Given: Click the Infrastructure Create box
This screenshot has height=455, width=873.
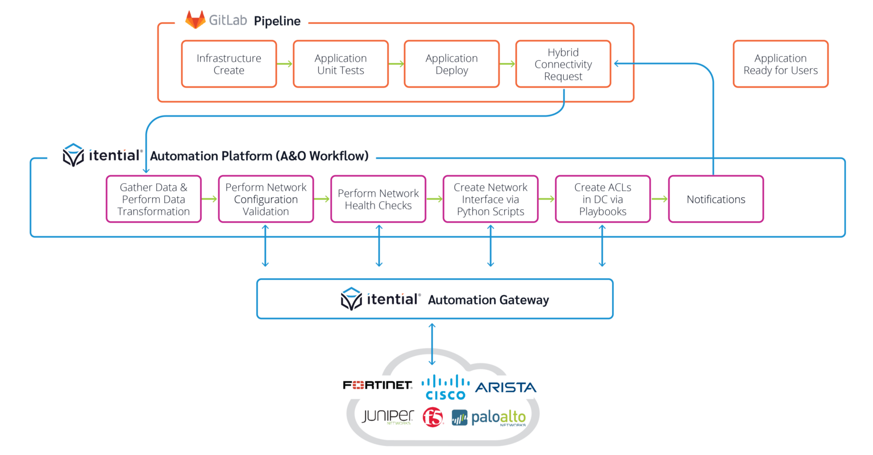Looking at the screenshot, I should pos(228,64).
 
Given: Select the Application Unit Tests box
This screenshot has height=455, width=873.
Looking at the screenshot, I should pos(340,64).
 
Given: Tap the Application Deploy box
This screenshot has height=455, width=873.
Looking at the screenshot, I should pos(452,64).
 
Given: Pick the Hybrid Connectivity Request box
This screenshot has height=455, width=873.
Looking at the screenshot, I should pos(563,64).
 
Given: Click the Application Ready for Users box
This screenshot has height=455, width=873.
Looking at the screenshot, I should pos(780,64).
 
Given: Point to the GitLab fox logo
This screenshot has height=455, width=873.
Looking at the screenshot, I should pos(196,20).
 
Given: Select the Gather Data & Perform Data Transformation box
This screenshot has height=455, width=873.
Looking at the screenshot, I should pos(153,199).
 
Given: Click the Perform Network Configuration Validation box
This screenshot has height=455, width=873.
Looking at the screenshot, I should pos(266,199).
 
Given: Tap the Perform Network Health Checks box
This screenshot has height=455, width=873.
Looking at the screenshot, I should pos(378,199).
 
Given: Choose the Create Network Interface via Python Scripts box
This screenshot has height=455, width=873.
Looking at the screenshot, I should pos(490,199).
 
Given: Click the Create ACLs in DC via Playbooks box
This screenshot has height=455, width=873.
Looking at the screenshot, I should pos(602,199).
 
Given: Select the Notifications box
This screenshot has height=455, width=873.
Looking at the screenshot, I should pos(716,199).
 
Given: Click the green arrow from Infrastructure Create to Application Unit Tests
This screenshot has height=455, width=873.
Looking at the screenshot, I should pos(285,64).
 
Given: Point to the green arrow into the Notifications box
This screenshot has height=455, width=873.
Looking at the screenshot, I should pos(659,199).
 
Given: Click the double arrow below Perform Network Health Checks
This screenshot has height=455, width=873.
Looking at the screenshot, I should pos(379,245).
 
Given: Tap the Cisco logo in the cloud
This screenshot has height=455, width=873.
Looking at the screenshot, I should pos(446,387).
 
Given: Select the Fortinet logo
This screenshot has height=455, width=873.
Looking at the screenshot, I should pos(378,386).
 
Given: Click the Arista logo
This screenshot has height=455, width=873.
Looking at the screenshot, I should pos(505,387).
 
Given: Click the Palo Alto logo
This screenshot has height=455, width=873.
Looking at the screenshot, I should pos(489,418).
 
